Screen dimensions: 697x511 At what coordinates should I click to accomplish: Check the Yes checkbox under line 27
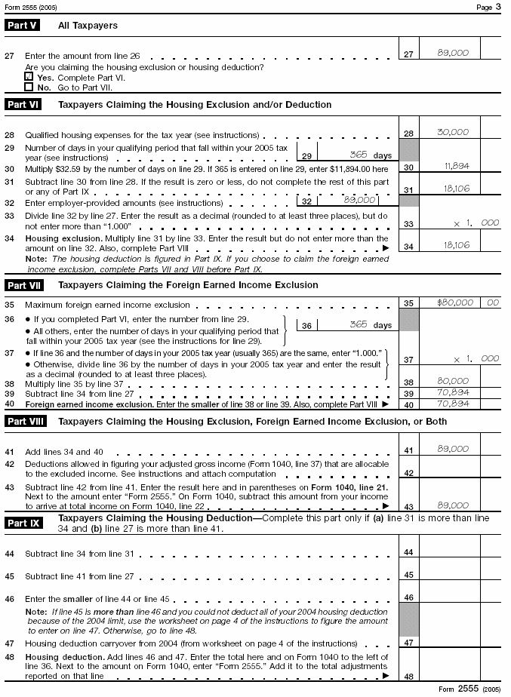pos(29,77)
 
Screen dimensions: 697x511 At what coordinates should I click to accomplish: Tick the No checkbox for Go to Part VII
pos(29,87)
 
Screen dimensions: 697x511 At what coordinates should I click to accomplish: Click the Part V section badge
pos(22,26)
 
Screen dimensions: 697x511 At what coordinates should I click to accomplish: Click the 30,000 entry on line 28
pos(453,133)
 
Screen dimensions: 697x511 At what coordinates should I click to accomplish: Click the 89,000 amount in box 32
pos(359,201)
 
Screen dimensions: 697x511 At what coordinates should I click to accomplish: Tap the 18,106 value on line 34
pos(454,245)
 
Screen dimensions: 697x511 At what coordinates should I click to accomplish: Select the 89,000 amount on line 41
pos(453,450)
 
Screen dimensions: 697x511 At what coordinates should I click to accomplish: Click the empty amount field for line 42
pos(449,472)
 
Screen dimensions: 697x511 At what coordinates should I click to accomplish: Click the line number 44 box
pos(408,553)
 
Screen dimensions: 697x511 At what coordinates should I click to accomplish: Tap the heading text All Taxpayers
pos(88,26)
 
